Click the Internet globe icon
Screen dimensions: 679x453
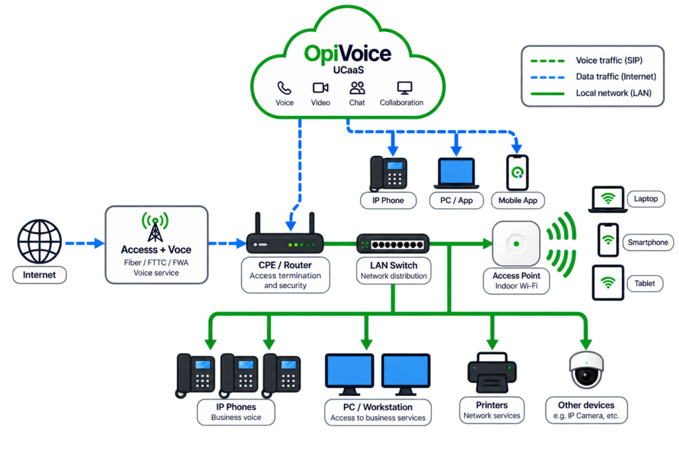click(39, 241)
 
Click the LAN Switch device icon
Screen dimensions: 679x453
click(393, 244)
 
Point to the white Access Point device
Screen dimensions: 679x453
click(516, 243)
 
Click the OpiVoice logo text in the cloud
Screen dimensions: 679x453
click(347, 54)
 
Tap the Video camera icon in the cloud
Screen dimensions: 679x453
click(320, 88)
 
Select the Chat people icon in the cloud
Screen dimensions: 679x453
click(357, 88)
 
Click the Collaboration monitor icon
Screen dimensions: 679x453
click(404, 88)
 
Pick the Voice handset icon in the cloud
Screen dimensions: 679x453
click(284, 88)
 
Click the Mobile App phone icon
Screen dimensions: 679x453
click(517, 173)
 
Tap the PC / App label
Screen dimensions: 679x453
click(456, 200)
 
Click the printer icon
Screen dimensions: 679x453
click(492, 373)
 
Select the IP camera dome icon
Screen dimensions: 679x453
click(586, 370)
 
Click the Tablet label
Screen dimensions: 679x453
click(645, 283)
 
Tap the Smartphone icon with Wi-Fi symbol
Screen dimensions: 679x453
click(608, 240)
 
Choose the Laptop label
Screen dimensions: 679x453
click(646, 199)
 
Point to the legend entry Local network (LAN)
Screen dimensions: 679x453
click(591, 93)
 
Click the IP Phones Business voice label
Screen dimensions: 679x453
click(236, 412)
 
